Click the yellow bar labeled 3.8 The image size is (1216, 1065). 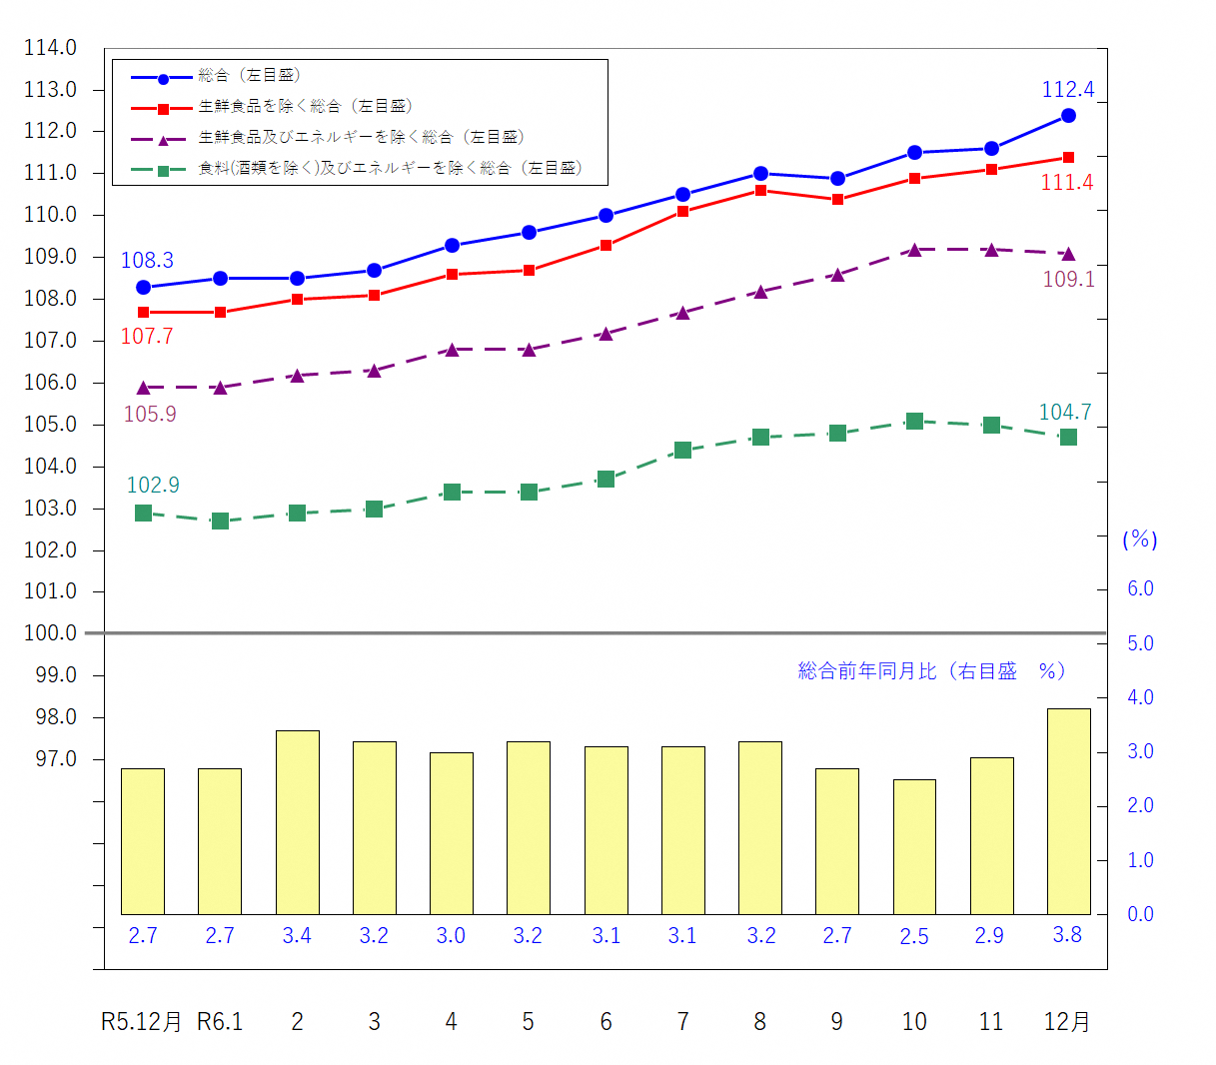coord(1068,811)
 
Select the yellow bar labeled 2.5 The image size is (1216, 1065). coord(914,846)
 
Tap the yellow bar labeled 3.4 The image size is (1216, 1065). coord(297,822)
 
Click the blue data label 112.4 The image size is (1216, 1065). coord(1068,90)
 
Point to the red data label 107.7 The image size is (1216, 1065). coord(147,337)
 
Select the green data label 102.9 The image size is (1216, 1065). coord(153,486)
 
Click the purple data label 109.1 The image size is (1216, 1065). coord(1068,280)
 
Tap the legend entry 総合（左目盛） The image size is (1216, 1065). coord(250,76)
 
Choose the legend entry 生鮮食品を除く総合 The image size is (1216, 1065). coord(305,107)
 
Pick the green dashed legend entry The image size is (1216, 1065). coord(390,169)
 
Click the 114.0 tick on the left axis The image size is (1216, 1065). coord(50,48)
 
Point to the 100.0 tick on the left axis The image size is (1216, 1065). coord(50,633)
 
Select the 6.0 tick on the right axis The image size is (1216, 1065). coord(1140,589)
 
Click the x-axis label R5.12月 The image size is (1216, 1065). coord(142,1022)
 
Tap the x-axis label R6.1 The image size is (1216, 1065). coord(220,1022)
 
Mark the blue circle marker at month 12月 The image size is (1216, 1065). coord(1068,116)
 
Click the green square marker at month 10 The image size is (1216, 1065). coord(914,422)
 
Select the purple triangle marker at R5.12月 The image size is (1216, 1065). coord(143,388)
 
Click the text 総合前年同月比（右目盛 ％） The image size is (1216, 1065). coord(931,671)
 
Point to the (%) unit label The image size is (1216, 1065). coord(1140,540)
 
